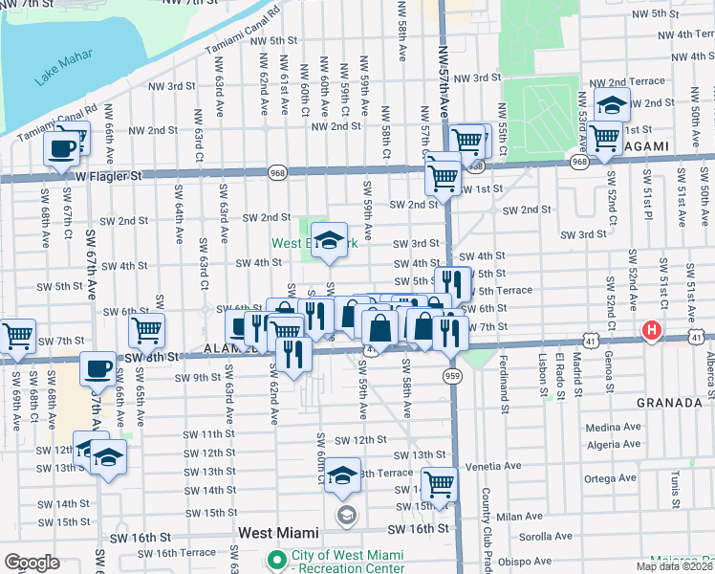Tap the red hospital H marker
pos(652,331)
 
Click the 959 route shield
pos(453,376)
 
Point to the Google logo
pos(32,563)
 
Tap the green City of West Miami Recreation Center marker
pos(278,559)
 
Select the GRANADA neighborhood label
pos(669,403)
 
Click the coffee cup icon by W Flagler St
pos(62,148)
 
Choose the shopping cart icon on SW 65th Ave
pos(146,330)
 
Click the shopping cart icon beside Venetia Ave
pos(440,484)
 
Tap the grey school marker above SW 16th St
pos(346,516)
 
